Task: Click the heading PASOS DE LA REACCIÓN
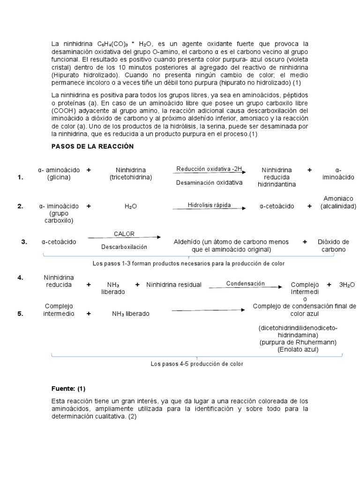(92, 146)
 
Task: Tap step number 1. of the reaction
(20, 177)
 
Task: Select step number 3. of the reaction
(24, 242)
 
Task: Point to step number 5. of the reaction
(20, 314)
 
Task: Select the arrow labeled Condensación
(245, 287)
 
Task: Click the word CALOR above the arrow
(125, 233)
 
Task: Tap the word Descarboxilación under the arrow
(124, 247)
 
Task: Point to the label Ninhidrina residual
(174, 285)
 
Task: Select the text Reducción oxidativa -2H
(209, 169)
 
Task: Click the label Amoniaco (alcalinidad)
(338, 202)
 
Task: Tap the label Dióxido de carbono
(333, 246)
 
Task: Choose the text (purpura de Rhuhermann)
(298, 342)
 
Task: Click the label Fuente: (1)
(68, 389)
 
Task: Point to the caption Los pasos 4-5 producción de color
(197, 364)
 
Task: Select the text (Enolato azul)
(298, 349)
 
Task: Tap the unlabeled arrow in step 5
(209, 310)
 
